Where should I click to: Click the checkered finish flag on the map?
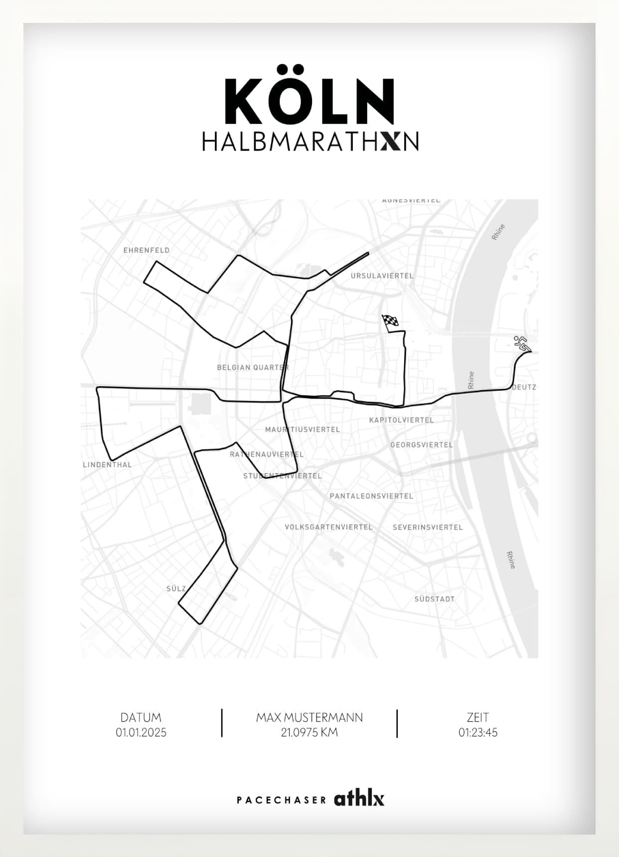(x=390, y=322)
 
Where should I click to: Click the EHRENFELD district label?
(x=147, y=250)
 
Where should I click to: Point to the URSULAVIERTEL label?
(x=382, y=276)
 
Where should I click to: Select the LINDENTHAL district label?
(x=108, y=464)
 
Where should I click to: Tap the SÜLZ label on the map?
(x=176, y=588)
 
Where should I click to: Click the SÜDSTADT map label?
(x=434, y=599)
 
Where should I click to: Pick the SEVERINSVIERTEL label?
(x=428, y=527)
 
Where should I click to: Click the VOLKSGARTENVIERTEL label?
(x=328, y=527)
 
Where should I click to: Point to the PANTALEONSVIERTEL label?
(x=371, y=496)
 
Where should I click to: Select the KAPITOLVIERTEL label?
(x=401, y=420)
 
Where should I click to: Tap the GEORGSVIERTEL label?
(x=422, y=444)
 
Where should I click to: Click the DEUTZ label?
(x=524, y=387)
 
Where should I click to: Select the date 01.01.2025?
(x=141, y=732)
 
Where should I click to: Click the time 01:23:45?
(x=478, y=732)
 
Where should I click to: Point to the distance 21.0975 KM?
(x=309, y=732)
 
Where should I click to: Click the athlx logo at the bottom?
(x=359, y=798)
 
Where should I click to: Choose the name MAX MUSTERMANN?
(x=309, y=717)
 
